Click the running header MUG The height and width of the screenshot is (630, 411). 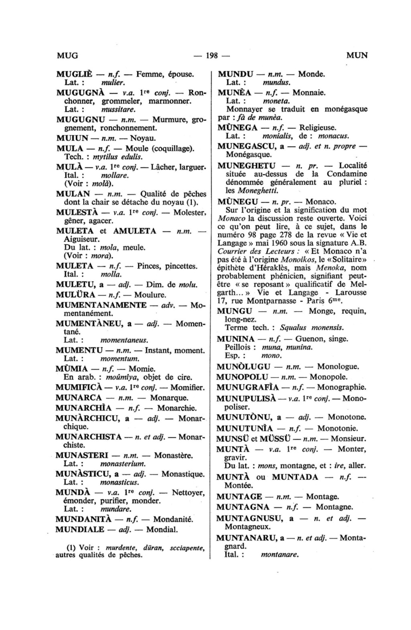pos(67,55)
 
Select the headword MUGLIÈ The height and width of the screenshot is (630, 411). pos(74,74)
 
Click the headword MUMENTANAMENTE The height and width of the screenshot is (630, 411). pos(101,305)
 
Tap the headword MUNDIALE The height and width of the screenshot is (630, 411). pos(80,529)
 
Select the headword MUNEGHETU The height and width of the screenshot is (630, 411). pos(246,165)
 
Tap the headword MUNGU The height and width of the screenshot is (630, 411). pos(234,311)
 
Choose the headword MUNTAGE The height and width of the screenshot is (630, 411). pos(239,496)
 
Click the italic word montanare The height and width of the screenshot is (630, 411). pos(280,555)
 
